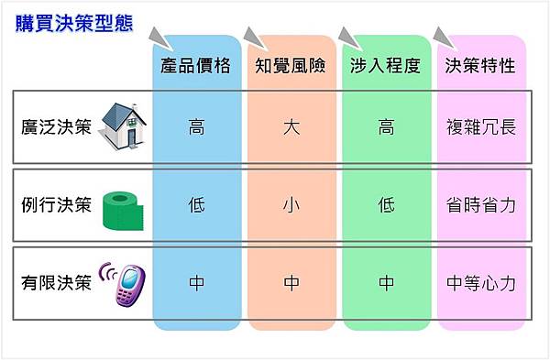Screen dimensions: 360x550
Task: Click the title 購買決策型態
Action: [x=73, y=22]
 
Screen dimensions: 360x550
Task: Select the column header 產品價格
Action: [x=196, y=66]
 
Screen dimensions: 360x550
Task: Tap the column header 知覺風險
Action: [x=291, y=66]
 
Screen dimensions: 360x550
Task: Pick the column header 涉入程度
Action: [x=386, y=66]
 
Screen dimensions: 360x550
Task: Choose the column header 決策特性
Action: [x=479, y=66]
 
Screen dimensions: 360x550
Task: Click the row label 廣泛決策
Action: [x=56, y=126]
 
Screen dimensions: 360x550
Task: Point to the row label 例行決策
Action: [x=56, y=204]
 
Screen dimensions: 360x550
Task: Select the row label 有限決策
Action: [x=56, y=283]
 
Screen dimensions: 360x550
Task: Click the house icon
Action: [x=126, y=124]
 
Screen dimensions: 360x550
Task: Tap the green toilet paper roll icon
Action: [x=124, y=206]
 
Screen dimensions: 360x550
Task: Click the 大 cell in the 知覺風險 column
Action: [x=291, y=126]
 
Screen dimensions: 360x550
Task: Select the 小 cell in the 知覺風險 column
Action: [x=291, y=205]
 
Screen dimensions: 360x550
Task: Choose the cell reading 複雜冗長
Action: [x=479, y=126]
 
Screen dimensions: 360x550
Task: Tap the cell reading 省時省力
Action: [x=479, y=205]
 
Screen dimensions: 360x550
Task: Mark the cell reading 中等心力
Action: [x=479, y=283]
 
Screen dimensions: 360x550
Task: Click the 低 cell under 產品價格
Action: [x=196, y=205]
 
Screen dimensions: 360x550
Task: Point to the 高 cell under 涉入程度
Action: [x=386, y=126]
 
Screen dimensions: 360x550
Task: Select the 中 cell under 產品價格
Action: [x=196, y=283]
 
